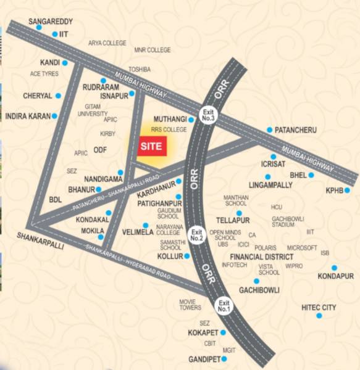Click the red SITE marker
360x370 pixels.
[x=151, y=147]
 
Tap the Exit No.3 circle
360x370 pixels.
[x=207, y=116]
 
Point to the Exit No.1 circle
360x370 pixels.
[x=224, y=305]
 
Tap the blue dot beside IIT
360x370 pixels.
[x=54, y=35]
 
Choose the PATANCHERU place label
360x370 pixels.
[x=295, y=129]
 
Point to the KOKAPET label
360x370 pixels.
[x=203, y=333]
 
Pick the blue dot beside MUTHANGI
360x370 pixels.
[x=191, y=119]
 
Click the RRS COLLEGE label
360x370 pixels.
[x=168, y=130]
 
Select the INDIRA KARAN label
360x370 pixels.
[x=27, y=116]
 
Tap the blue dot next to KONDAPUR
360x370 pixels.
[x=334, y=268]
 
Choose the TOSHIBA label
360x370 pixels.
[x=139, y=69]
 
